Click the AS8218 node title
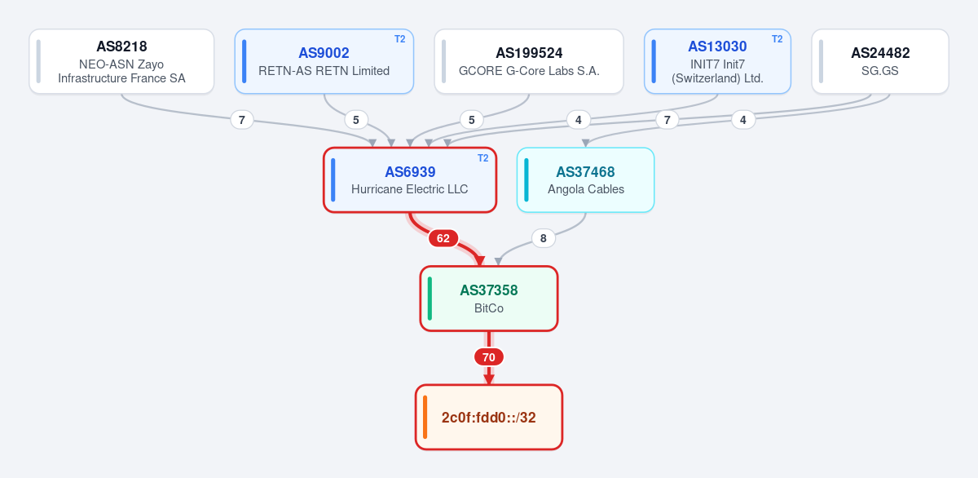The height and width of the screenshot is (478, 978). click(x=121, y=46)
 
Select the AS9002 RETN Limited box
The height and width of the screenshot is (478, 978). click(x=324, y=61)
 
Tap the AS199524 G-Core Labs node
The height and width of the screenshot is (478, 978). click(x=529, y=61)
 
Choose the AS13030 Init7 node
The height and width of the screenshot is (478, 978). click(x=717, y=61)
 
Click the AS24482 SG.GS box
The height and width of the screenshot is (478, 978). click(x=880, y=61)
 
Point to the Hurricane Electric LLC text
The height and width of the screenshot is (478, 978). click(x=409, y=189)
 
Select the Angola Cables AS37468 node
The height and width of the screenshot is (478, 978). click(x=585, y=180)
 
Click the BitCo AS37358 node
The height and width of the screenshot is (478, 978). click(x=489, y=299)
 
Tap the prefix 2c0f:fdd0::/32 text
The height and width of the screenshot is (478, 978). click(x=488, y=418)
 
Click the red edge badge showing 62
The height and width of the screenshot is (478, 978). click(x=443, y=238)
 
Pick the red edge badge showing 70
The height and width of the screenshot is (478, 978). click(x=489, y=357)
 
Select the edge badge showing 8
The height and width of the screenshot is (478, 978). click(x=543, y=238)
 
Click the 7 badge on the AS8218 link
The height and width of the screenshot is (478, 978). click(x=242, y=120)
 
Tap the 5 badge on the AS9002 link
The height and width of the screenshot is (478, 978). click(x=356, y=120)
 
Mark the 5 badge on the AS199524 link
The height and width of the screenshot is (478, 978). click(x=472, y=120)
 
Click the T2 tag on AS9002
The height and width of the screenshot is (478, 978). click(x=400, y=39)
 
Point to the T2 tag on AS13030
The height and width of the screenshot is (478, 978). click(x=778, y=39)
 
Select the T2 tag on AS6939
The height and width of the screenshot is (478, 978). click(x=482, y=158)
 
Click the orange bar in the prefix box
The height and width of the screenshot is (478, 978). click(x=425, y=417)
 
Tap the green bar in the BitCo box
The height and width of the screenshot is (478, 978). click(x=430, y=299)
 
